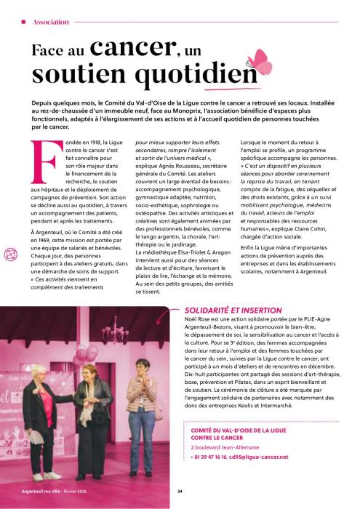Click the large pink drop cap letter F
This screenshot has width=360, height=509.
(x=41, y=158)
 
